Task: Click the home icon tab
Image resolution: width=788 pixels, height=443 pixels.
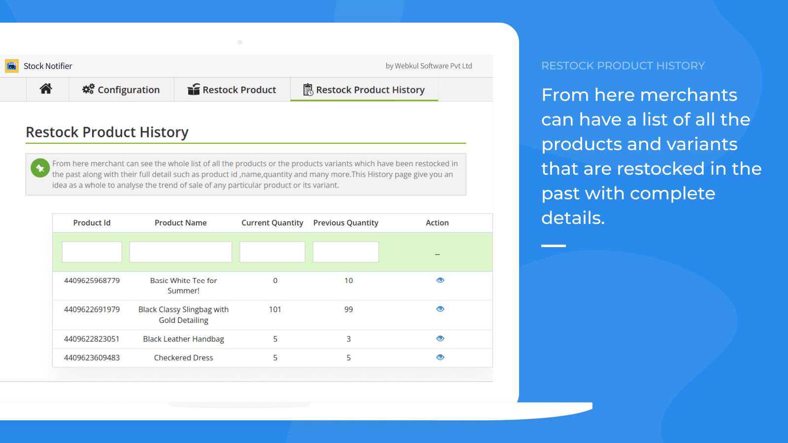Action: [x=46, y=89]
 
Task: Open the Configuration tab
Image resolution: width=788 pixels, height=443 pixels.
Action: [x=121, y=90]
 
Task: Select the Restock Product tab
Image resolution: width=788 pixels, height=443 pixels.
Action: [x=232, y=90]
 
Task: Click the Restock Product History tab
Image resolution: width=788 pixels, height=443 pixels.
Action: [x=364, y=90]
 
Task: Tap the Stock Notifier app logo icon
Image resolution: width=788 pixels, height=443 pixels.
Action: [x=12, y=66]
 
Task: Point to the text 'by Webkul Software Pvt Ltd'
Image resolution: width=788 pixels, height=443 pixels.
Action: [x=429, y=66]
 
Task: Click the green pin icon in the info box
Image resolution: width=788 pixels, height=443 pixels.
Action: [x=40, y=168]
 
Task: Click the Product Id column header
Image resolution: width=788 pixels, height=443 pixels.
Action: [x=92, y=222]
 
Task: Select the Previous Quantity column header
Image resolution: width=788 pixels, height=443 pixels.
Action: [x=346, y=222]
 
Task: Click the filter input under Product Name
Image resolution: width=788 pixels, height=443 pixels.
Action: [x=181, y=252]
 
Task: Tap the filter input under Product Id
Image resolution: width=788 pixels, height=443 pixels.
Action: [x=92, y=252]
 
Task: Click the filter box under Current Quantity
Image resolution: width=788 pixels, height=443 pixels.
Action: [x=272, y=252]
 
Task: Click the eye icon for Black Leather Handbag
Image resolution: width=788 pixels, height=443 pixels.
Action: [x=440, y=339]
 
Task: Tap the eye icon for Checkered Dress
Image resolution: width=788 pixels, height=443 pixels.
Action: [x=440, y=357]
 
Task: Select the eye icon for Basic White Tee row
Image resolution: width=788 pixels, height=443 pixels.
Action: [x=440, y=280]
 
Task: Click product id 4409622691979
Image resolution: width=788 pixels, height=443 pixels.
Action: [x=92, y=310]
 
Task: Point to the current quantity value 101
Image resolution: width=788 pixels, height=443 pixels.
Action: [x=275, y=310]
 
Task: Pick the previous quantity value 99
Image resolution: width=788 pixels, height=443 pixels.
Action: [x=349, y=310]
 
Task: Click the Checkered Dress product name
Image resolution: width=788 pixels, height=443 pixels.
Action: [x=183, y=357]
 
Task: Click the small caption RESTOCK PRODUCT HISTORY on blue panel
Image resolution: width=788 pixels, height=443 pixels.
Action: [x=623, y=66]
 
